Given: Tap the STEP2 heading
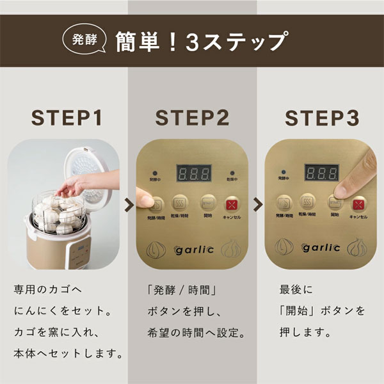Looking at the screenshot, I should point(192,118).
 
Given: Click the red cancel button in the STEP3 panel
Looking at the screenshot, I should point(358,204).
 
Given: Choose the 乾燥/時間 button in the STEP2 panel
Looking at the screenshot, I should point(180,204).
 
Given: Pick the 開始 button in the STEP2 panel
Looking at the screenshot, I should point(207,204).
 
